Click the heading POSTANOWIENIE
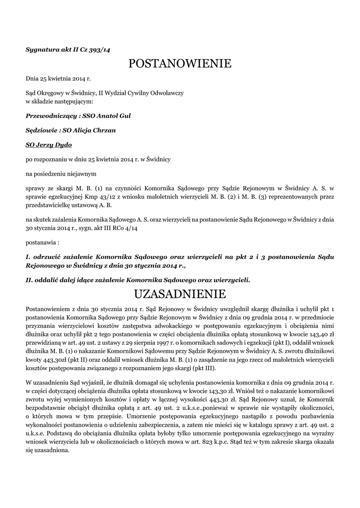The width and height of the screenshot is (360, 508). [180, 63]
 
